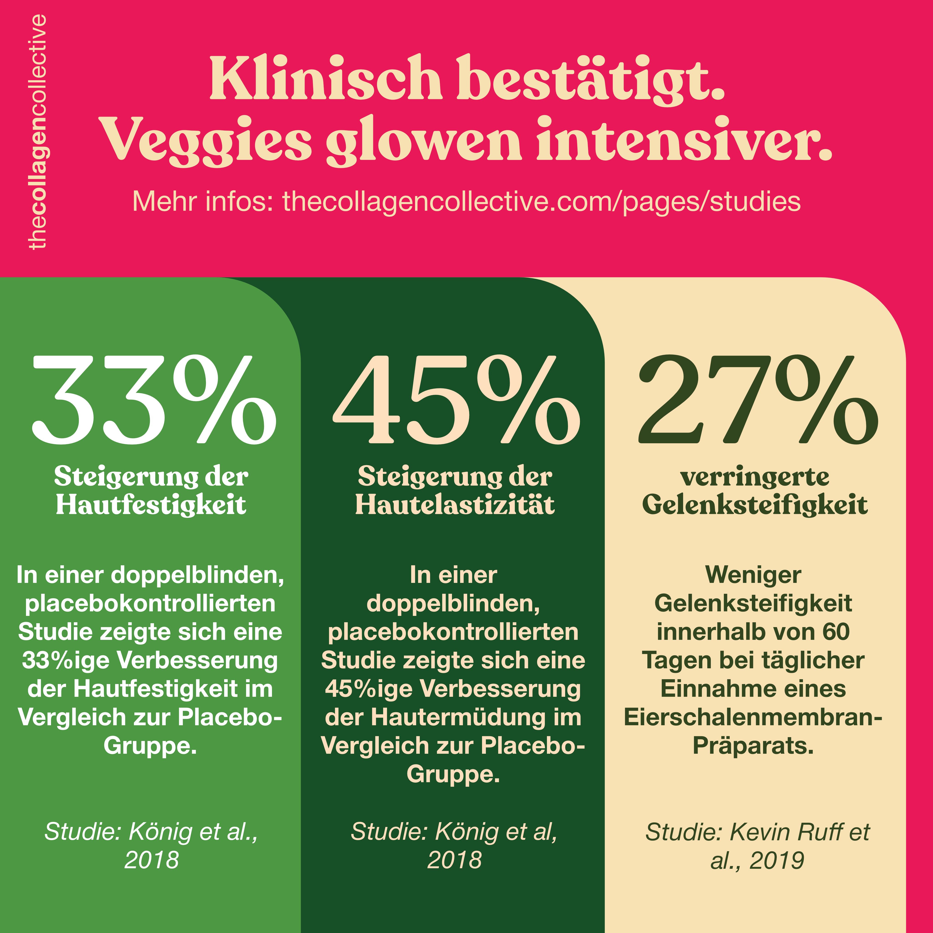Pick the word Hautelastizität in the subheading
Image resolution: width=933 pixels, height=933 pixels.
pyautogui.click(x=455, y=506)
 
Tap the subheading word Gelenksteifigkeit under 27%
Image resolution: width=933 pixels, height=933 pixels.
pyautogui.click(x=755, y=506)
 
